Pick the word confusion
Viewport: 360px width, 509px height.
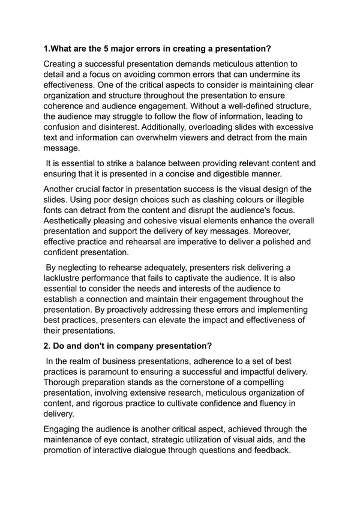point(68,128)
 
